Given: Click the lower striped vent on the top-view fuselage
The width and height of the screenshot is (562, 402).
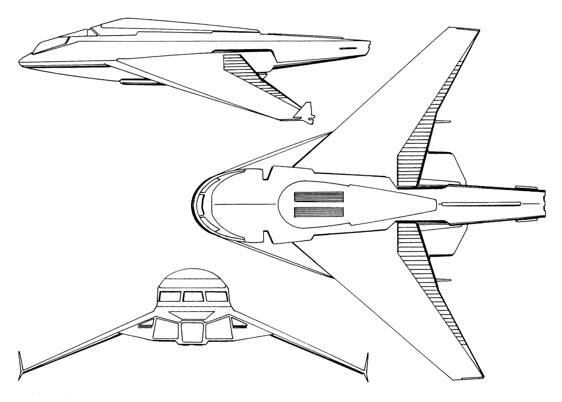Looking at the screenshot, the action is coord(319,213).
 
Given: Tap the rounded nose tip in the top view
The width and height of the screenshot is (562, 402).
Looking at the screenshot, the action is coord(193,205).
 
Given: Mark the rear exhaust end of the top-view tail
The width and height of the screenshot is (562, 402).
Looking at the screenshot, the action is coord(545,204).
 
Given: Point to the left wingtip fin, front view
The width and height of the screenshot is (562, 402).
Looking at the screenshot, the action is coord(21,365).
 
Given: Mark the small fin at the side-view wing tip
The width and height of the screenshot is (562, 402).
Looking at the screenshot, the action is coord(304,114).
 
